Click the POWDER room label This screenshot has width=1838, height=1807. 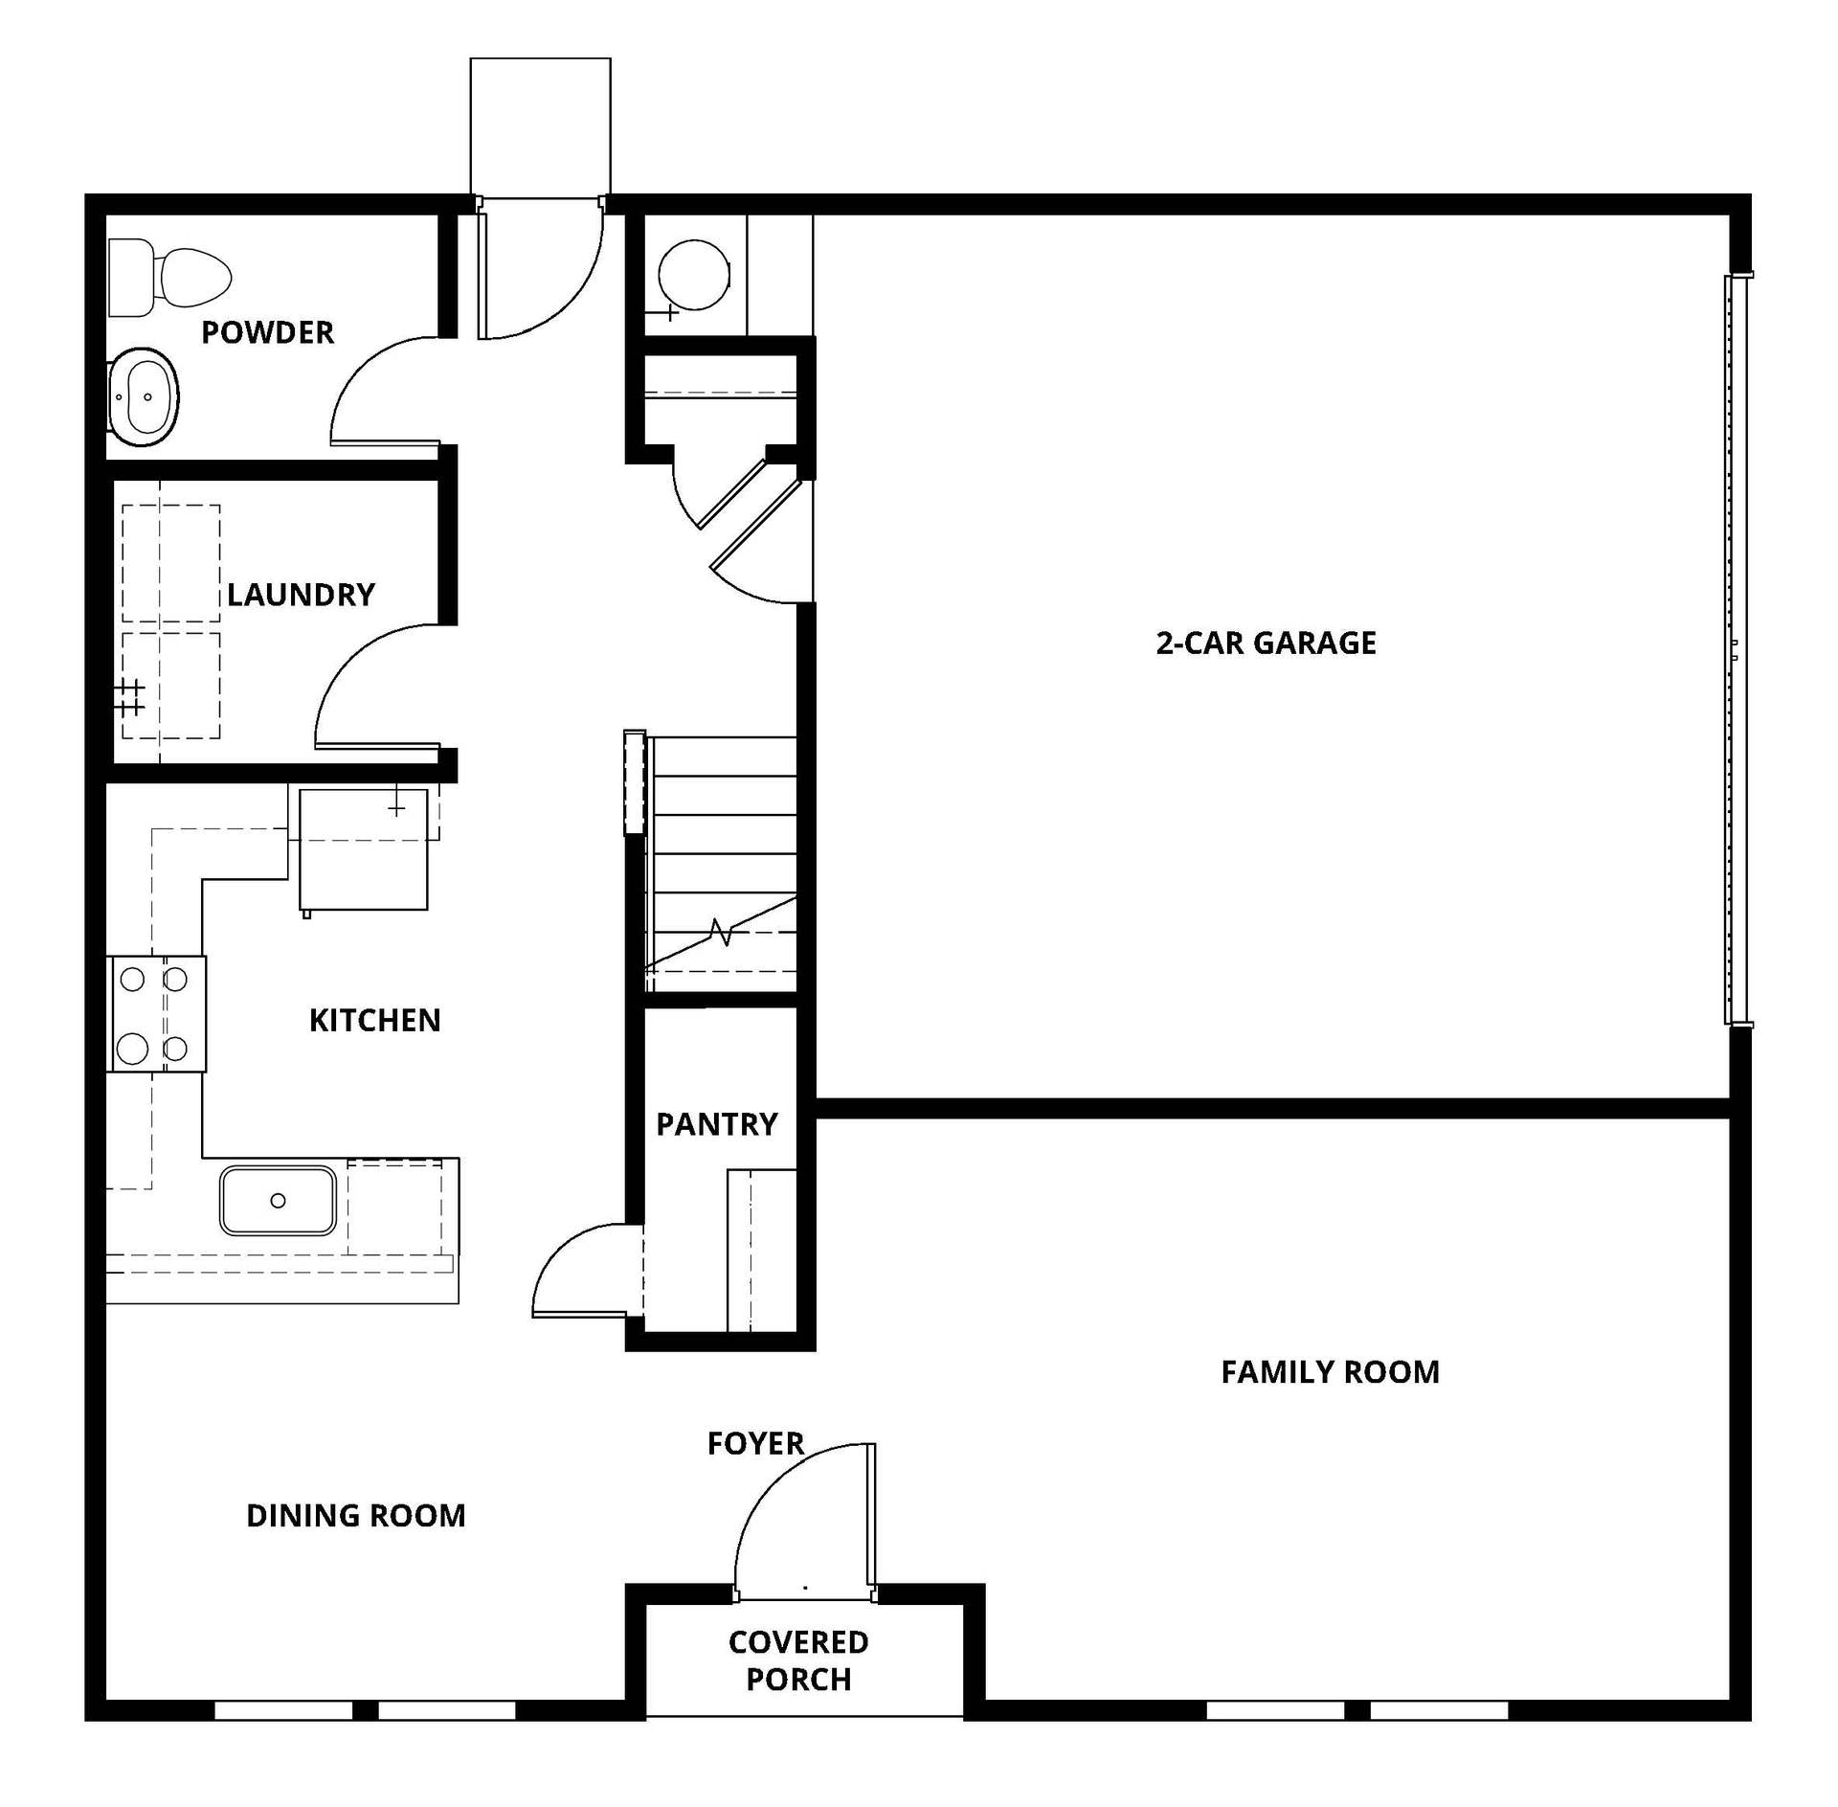click(x=267, y=332)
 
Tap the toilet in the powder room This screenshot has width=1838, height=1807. click(x=169, y=278)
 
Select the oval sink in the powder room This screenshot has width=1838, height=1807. click(x=144, y=396)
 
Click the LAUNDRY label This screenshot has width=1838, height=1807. click(x=301, y=595)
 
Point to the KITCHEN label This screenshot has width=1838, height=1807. click(x=374, y=1020)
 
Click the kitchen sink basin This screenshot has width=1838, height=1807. click(x=278, y=1200)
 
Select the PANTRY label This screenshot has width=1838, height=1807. click(x=717, y=1123)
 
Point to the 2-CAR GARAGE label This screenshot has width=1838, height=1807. click(x=1266, y=643)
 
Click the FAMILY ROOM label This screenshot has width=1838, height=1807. click(x=1330, y=1372)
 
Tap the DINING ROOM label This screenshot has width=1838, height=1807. click(x=356, y=1515)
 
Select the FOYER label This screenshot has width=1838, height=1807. click(x=755, y=1443)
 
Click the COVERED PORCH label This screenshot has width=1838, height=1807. click(x=798, y=1660)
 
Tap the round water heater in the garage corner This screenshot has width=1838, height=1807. click(x=694, y=275)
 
